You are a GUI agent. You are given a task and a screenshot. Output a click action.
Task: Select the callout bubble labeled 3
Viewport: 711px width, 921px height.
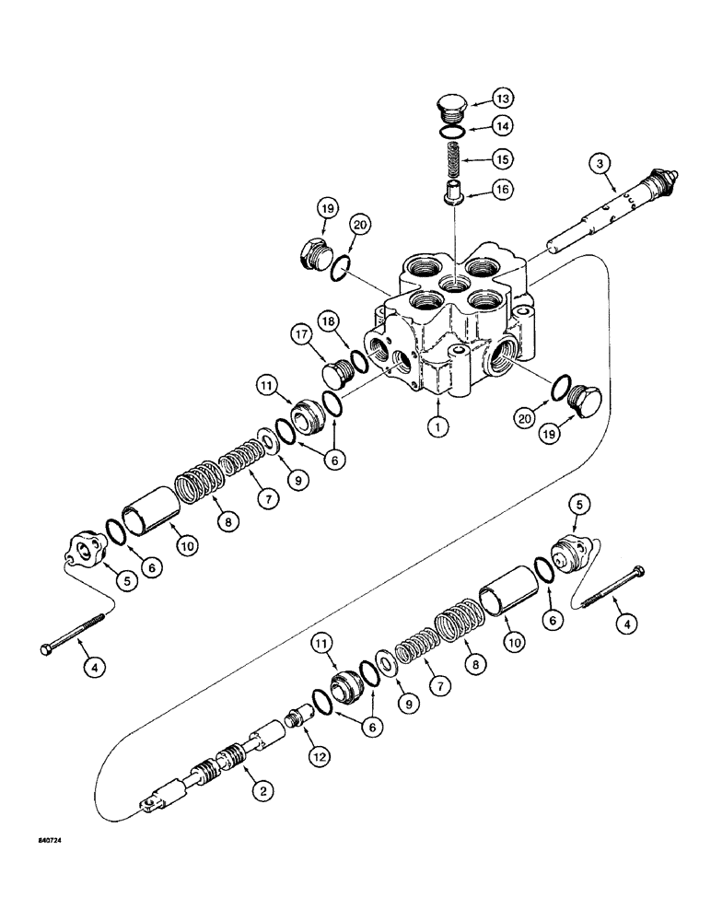(x=600, y=164)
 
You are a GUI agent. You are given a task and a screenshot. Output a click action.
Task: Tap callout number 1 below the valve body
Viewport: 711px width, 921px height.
(x=438, y=426)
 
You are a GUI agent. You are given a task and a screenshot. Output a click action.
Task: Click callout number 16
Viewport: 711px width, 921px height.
(x=503, y=191)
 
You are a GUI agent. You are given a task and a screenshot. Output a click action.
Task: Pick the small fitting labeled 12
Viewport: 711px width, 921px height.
(x=303, y=715)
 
